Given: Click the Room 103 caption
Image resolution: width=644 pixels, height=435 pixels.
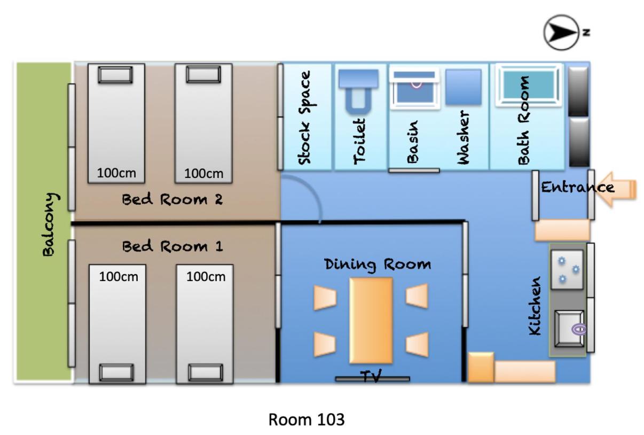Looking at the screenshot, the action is [307, 420].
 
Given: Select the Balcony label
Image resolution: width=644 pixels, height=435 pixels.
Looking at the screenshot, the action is [51, 224].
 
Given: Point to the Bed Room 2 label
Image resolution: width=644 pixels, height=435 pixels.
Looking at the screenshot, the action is [172, 199].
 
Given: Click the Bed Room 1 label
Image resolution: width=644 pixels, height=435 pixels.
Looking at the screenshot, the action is [172, 246].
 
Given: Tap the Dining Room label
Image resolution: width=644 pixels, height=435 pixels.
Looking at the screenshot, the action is [378, 265].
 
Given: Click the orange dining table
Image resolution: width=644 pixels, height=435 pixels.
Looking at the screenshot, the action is [371, 321].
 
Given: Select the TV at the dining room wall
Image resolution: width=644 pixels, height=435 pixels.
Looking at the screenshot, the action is [373, 379].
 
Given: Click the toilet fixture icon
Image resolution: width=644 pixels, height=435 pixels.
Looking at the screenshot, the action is [358, 91].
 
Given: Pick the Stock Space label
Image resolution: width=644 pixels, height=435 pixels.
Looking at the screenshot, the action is [306, 118].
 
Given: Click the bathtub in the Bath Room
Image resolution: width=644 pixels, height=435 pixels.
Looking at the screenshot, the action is [529, 85].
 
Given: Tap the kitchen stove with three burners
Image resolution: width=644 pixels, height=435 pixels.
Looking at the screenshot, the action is [567, 269].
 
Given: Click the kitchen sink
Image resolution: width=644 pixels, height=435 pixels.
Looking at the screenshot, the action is [569, 329].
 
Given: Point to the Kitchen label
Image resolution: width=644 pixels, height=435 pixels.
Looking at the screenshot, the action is [535, 306].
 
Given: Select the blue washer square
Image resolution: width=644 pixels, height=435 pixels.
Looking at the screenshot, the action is [464, 87].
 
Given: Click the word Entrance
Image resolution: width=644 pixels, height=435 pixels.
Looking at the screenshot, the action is [578, 188].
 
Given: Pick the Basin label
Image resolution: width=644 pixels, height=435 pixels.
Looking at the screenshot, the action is [412, 142].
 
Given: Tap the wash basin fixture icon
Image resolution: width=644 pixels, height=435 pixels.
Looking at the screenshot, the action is [414, 88].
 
